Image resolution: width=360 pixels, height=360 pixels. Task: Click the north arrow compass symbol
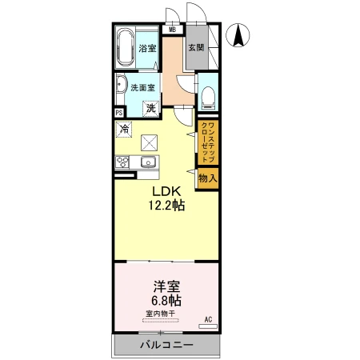238,35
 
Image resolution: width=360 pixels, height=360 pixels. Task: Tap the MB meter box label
173,30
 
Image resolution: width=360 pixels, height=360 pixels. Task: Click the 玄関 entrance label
196,47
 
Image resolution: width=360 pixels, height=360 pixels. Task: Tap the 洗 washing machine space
151,109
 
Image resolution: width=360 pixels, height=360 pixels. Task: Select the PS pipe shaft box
119,113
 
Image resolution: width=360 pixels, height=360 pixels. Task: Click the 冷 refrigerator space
124,130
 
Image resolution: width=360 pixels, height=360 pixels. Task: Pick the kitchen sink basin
148,162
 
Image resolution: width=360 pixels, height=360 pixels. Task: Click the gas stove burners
122,162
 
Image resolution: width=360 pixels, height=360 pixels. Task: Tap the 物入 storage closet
208,178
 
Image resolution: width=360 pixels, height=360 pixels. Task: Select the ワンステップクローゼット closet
208,142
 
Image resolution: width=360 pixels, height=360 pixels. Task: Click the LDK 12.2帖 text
166,198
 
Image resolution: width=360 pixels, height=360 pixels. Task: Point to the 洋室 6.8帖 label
166,294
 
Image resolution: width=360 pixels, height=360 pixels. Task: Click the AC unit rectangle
208,326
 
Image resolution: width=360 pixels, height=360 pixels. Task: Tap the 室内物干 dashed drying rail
161,321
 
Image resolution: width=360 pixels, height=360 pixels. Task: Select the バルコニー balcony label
166,345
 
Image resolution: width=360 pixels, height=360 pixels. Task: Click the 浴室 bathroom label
147,49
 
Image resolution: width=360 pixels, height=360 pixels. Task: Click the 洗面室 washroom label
142,87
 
